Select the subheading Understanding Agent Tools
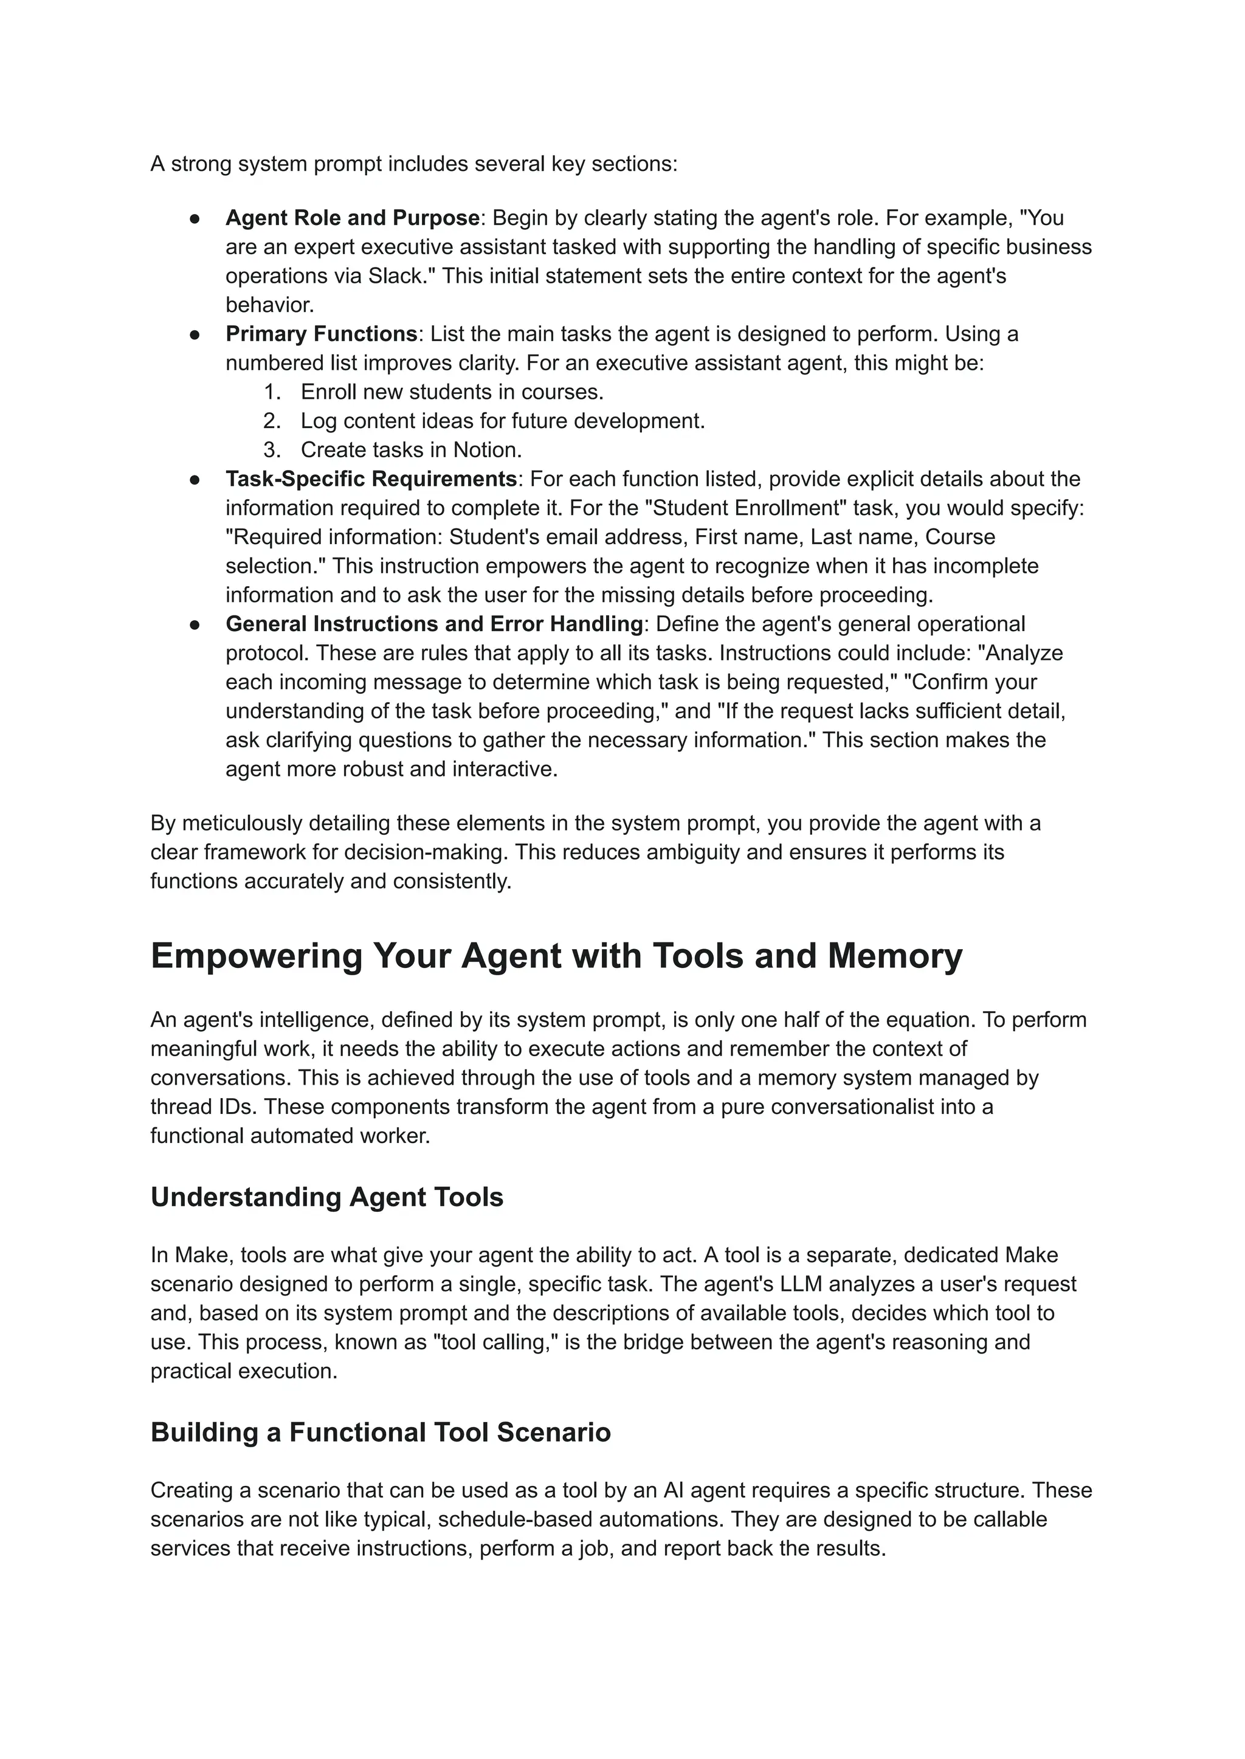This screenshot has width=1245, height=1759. (326, 1197)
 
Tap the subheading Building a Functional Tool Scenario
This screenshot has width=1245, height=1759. (380, 1432)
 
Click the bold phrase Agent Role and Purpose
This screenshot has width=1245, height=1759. (352, 218)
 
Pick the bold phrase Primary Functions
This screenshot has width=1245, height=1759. (320, 334)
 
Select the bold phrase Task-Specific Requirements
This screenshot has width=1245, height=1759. (371, 479)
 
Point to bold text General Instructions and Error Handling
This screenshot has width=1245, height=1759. (434, 624)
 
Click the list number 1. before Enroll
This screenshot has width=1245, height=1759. (272, 393)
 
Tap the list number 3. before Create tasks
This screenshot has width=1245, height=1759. (272, 450)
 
